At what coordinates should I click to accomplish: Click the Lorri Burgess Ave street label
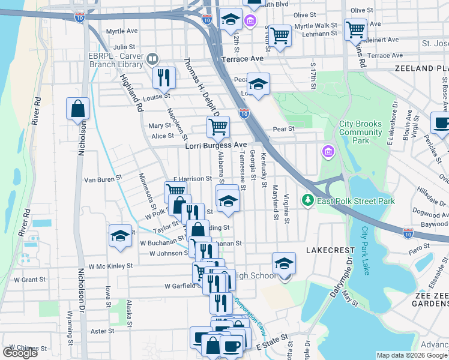point(215,145)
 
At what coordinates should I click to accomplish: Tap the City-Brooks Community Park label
point(360,132)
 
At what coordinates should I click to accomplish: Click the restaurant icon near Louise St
point(163,77)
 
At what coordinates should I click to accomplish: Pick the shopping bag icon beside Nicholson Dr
point(78,109)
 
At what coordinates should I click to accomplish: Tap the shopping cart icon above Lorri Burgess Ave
point(218,126)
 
